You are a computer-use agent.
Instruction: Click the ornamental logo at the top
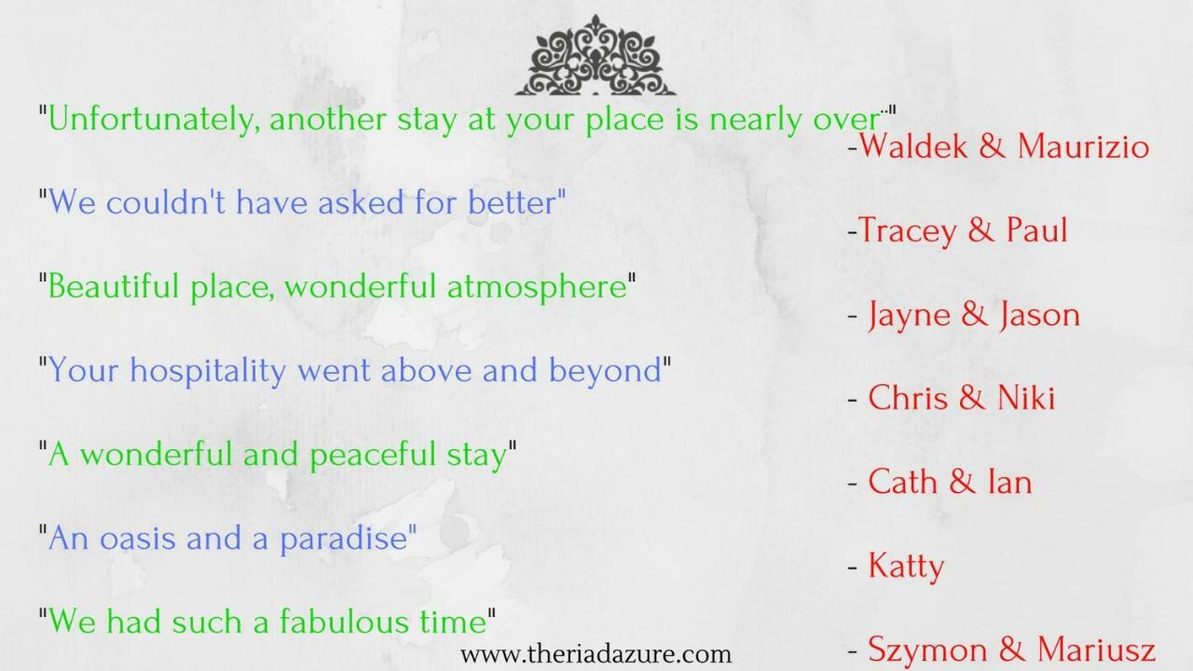596,55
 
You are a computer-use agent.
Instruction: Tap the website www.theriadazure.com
596,654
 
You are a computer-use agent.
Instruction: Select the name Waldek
912,145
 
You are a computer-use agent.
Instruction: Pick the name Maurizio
1083,145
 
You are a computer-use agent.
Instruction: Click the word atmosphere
537,286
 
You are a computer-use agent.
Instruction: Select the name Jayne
909,315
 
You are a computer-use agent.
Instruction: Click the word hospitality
208,371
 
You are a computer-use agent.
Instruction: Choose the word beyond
605,371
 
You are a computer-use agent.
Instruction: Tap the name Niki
1026,397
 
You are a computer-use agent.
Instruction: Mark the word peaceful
373,455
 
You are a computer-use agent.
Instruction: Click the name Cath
903,482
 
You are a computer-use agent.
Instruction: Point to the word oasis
137,538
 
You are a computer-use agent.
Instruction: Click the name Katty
906,566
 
